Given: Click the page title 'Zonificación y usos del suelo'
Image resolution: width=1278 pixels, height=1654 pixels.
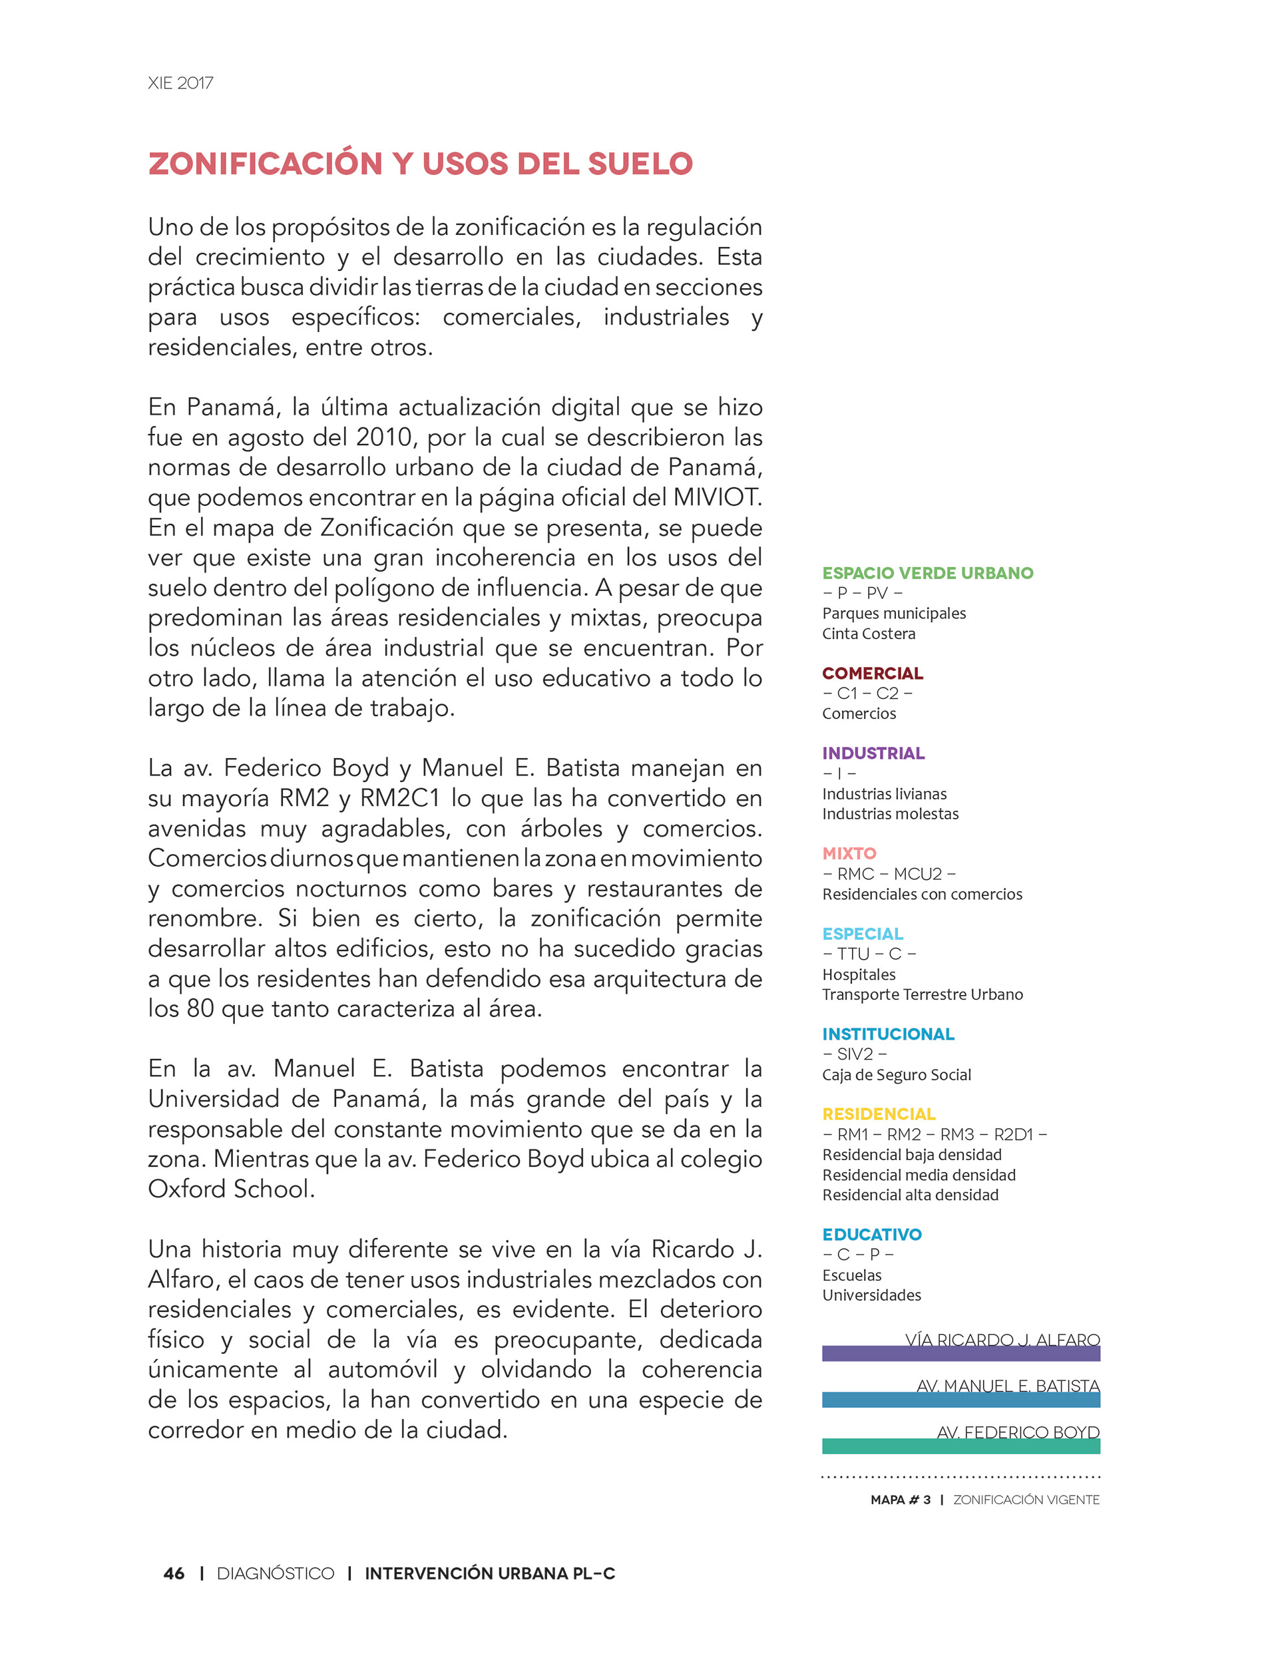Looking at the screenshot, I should [x=421, y=164].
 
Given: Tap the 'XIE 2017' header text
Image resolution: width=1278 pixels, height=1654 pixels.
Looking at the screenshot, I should [x=180, y=83].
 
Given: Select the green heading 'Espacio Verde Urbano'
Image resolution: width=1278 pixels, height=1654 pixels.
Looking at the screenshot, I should [x=927, y=573].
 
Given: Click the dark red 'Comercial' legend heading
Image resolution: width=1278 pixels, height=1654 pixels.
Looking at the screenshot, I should [x=872, y=674].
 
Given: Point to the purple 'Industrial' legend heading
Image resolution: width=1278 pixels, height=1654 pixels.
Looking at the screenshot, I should [x=873, y=753].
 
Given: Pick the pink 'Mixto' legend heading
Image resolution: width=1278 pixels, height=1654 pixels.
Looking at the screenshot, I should [x=849, y=853].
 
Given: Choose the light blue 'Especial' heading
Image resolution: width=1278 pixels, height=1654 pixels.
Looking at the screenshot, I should [x=862, y=934].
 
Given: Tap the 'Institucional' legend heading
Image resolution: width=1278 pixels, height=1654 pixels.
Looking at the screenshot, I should [x=888, y=1034].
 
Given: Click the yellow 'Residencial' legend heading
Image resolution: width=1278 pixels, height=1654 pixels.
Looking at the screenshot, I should [x=879, y=1114].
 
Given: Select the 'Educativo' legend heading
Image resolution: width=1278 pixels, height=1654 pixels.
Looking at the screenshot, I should [x=872, y=1235].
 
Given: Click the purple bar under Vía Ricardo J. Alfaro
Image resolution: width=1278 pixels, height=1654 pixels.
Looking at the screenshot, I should [x=960, y=1354].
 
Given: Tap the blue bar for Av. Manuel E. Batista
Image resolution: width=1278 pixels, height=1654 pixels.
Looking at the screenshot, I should [x=960, y=1400].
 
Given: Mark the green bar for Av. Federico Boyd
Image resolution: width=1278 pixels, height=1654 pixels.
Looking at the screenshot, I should [x=960, y=1446].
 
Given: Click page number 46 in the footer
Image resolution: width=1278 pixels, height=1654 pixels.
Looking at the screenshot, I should [x=174, y=1573].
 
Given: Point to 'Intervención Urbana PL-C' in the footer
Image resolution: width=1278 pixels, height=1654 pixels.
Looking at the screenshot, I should [x=489, y=1573].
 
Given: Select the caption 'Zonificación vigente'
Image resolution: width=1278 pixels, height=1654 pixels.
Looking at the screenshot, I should [x=1026, y=1500].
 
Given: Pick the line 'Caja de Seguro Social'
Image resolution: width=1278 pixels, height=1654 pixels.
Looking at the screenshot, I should [x=896, y=1075].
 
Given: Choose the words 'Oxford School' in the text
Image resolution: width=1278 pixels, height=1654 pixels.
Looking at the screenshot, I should [x=230, y=1189].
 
